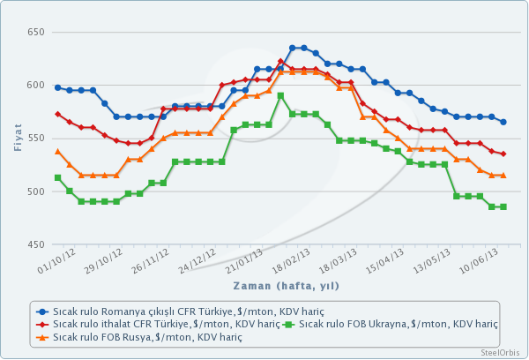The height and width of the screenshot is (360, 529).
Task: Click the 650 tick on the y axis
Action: [x=36, y=33]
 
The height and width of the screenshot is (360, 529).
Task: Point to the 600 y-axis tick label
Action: [x=36, y=86]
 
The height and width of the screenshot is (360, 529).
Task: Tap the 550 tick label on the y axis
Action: [x=36, y=139]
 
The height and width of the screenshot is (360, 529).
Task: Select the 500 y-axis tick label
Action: [x=36, y=191]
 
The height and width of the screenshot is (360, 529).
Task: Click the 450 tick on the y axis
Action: [x=36, y=244]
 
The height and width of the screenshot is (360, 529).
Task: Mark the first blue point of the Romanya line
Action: [x=58, y=87]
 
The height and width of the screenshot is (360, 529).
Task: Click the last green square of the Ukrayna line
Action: [x=503, y=206]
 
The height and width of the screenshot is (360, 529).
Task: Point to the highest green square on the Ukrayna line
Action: [x=280, y=95]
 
